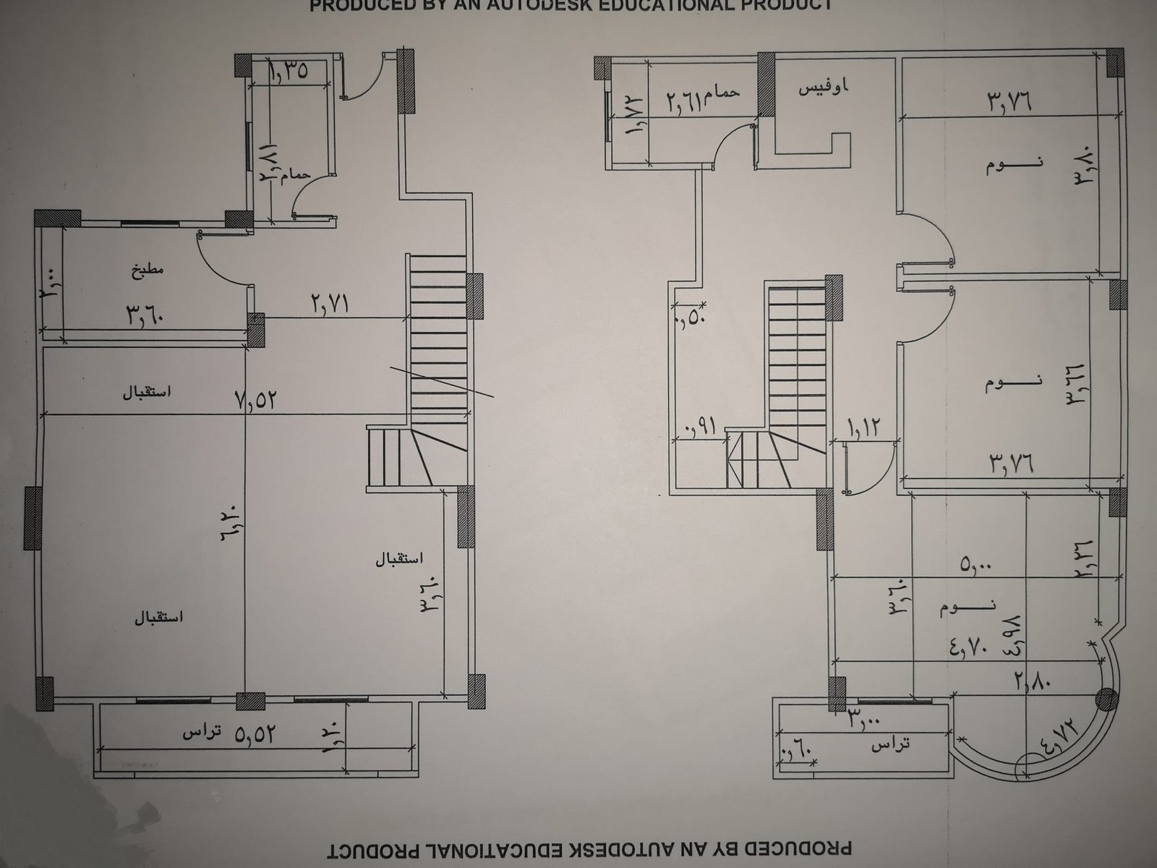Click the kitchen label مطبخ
tap(149, 271)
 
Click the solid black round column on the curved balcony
tap(1106, 699)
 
